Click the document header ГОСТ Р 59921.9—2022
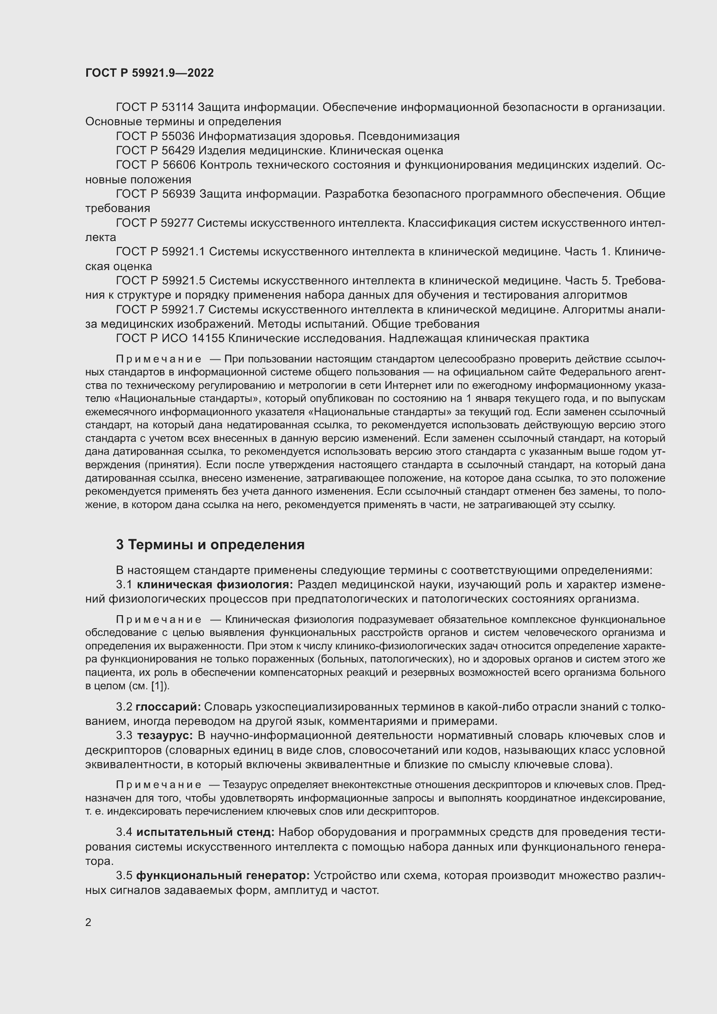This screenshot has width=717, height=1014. click(149, 73)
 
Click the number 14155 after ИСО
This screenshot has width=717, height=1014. click(209, 339)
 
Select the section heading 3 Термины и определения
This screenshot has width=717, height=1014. click(210, 545)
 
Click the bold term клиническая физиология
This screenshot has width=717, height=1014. click(215, 585)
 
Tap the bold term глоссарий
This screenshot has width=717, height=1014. click(168, 707)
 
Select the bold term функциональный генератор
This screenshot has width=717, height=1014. click(223, 876)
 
